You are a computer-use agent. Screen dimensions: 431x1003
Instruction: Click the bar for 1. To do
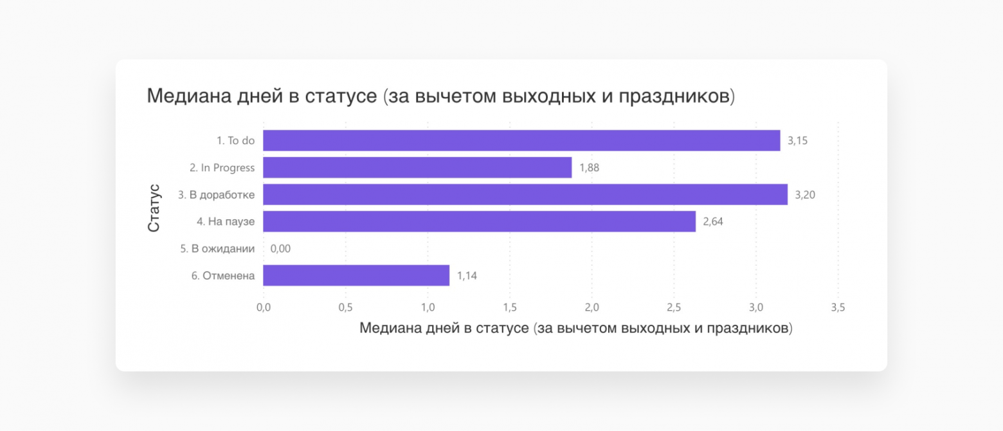pyautogui.click(x=521, y=140)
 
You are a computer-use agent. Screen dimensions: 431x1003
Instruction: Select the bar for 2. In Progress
pyautogui.click(x=417, y=168)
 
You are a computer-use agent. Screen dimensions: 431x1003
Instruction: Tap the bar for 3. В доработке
pyautogui.click(x=525, y=195)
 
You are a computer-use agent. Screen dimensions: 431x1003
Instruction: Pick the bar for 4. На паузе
pyautogui.click(x=479, y=222)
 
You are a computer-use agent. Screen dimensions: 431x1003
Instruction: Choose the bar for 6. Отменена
pyautogui.click(x=356, y=276)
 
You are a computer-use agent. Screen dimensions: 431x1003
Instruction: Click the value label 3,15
pyautogui.click(x=797, y=140)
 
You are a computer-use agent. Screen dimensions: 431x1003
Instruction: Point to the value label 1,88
pyautogui.click(x=589, y=168)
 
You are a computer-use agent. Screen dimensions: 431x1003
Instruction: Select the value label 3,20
pyautogui.click(x=805, y=195)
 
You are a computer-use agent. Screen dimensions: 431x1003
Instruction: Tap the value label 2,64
pyautogui.click(x=713, y=222)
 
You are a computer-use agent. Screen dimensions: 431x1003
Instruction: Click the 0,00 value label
pyautogui.click(x=280, y=249)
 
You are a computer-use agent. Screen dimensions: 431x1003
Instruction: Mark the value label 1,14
pyautogui.click(x=467, y=276)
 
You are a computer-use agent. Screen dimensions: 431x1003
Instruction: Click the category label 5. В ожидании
pyautogui.click(x=217, y=249)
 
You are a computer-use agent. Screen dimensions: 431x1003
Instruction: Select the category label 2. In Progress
pyautogui.click(x=222, y=168)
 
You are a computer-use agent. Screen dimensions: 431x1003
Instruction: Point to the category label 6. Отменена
pyautogui.click(x=222, y=276)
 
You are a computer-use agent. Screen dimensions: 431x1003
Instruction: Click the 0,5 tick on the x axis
pyautogui.click(x=345, y=308)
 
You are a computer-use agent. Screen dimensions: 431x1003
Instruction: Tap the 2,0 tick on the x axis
pyautogui.click(x=592, y=308)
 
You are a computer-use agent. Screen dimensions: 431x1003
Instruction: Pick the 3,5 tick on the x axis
pyautogui.click(x=837, y=308)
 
